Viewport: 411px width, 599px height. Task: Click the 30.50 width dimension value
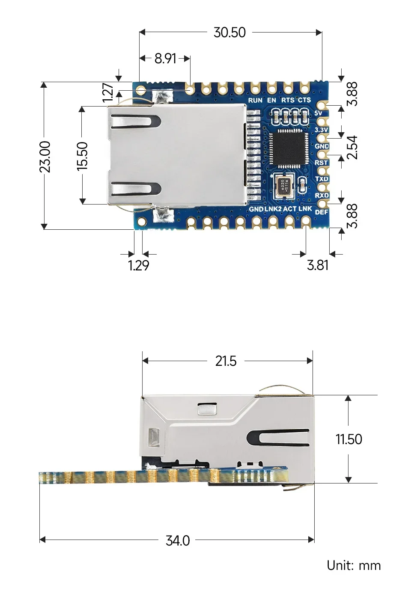point(229,33)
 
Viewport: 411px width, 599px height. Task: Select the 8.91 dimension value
point(165,58)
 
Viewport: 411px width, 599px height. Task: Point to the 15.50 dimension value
point(83,157)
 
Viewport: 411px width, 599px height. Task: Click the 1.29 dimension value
point(138,266)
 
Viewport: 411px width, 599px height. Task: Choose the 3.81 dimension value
point(318,265)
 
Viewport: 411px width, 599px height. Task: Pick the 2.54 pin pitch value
point(352,148)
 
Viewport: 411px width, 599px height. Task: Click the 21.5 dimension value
point(226,361)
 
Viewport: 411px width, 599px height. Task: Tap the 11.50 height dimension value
point(348,439)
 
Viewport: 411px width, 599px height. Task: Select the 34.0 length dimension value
point(178,541)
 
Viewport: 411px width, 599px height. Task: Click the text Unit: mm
point(354,566)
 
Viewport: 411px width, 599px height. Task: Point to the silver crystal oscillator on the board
point(283,185)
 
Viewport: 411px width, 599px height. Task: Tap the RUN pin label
point(255,100)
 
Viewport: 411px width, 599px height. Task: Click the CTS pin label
point(304,100)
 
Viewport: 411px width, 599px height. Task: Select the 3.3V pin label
point(321,130)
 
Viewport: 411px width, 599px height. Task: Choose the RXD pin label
point(322,196)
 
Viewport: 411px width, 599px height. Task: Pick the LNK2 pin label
point(273,209)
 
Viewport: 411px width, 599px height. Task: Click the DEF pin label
point(322,212)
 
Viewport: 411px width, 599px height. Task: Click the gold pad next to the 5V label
point(322,105)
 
